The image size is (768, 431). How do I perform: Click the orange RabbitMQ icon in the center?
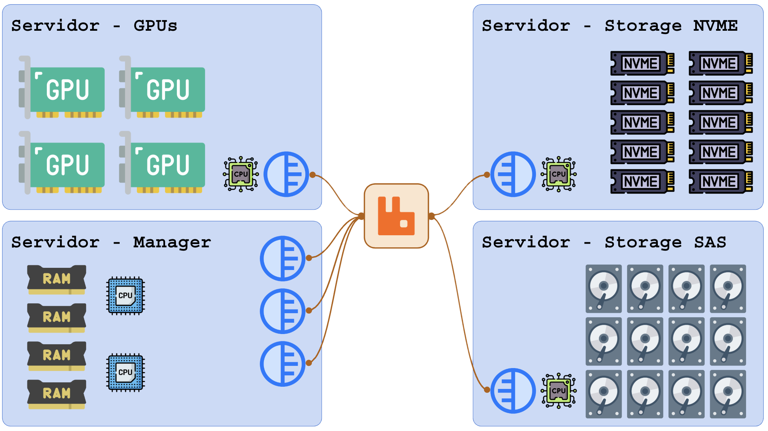click(x=396, y=216)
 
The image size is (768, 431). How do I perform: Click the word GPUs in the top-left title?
click(x=155, y=26)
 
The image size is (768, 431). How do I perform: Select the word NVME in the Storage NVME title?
click(x=715, y=26)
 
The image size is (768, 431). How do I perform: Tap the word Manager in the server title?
click(x=172, y=242)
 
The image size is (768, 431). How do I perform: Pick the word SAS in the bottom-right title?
click(x=710, y=242)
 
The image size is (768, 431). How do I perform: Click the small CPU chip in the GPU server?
click(x=241, y=174)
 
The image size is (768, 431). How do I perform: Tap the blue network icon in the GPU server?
click(x=286, y=174)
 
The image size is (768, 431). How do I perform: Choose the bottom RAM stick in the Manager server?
click(x=57, y=394)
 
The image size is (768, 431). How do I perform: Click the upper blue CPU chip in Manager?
click(x=125, y=295)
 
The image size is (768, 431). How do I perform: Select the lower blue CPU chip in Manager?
click(x=125, y=372)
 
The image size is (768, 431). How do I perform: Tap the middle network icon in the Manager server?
click(x=283, y=311)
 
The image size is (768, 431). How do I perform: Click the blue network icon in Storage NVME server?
click(x=513, y=174)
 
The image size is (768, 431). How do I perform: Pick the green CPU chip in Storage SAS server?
click(x=559, y=390)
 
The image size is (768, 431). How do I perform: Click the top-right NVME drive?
click(x=720, y=63)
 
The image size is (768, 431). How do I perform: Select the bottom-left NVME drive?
click(x=642, y=181)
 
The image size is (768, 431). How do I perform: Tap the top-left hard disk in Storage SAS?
click(x=604, y=289)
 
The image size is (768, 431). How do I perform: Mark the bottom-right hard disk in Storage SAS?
click(x=728, y=394)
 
